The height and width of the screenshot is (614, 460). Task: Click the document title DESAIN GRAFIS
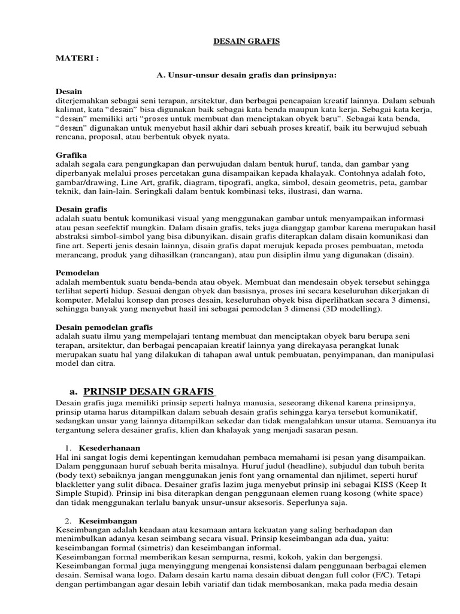(x=238, y=42)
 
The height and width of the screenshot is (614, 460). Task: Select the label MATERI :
(x=76, y=60)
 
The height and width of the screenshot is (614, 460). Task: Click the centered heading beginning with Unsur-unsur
(x=247, y=76)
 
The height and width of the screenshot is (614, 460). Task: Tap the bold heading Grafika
(x=71, y=154)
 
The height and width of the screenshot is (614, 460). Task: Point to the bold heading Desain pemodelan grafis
(x=104, y=327)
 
